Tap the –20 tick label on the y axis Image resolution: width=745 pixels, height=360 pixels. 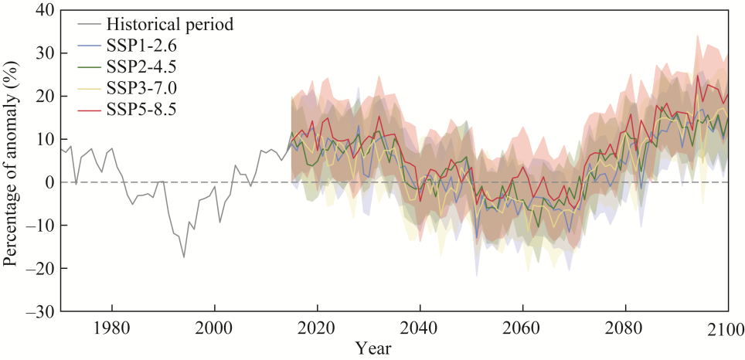click(36, 268)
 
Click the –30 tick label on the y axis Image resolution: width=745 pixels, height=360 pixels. click(36, 311)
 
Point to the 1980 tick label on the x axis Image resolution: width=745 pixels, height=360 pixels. click(111, 327)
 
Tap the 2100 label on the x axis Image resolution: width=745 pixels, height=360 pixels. click(726, 327)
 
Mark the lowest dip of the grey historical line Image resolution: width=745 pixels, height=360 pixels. click(183, 257)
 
